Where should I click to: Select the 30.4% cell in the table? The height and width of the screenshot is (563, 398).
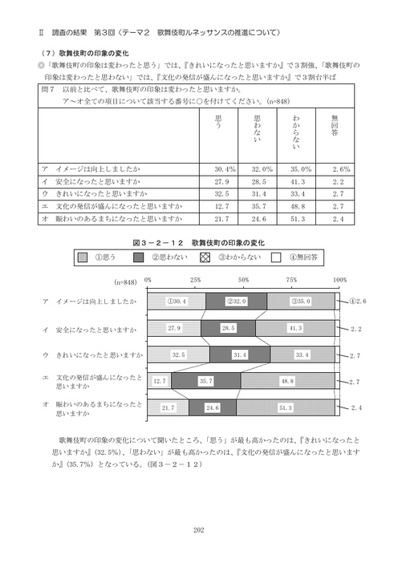tap(225, 170)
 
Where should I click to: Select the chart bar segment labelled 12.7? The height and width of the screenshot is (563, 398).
tap(160, 381)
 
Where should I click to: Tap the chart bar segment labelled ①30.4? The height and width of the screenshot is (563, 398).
tap(176, 302)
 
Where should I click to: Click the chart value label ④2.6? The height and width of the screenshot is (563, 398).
tap(358, 301)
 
